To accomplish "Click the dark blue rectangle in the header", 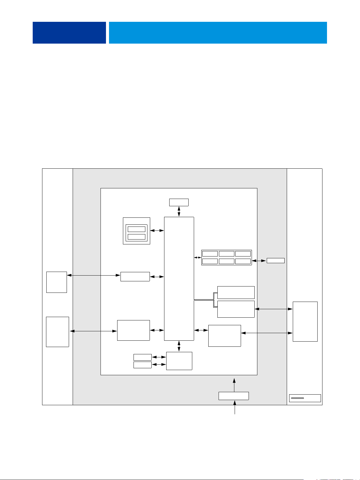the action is coord(69,33).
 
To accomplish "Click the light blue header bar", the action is coord(218,33).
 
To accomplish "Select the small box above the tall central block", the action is coord(179,202).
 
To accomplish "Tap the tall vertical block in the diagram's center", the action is coord(179,279).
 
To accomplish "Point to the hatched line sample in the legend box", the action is coord(297,398).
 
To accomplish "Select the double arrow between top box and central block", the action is coord(179,211).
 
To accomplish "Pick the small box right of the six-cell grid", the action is coord(276,260).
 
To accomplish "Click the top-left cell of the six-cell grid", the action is coord(210,254).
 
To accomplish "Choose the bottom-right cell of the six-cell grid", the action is coord(243,261).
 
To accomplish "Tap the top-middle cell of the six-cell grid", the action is coord(226,254).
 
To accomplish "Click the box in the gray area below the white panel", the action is coord(234,396).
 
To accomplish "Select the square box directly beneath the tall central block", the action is coord(179,361).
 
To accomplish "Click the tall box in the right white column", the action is coord(305,321).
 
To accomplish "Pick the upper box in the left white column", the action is coord(57,282).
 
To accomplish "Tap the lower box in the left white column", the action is coord(58,332).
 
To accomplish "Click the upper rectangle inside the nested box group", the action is coord(137,229).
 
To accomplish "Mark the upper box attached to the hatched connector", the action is coord(236,292).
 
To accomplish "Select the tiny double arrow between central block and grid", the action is coord(197,258).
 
